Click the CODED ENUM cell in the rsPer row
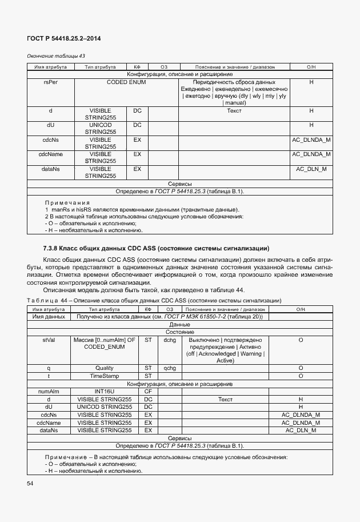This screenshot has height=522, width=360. point(126,82)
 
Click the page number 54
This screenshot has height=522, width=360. point(30,484)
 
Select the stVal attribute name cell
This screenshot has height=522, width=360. point(49,340)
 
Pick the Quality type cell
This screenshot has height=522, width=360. point(105,368)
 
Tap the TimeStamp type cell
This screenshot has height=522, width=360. point(105,376)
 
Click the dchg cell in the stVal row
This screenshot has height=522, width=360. point(169,340)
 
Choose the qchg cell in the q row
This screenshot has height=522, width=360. point(169,368)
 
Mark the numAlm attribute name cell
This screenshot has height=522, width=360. point(49,392)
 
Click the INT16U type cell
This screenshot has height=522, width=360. point(105,392)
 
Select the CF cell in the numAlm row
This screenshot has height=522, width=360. point(148,392)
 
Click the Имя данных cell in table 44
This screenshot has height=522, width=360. point(49,316)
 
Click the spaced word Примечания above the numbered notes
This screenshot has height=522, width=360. point(67,203)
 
